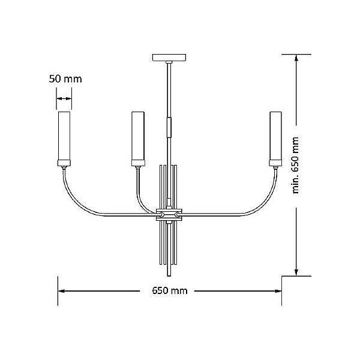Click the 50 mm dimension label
point(65,79)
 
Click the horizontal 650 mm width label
point(170,290)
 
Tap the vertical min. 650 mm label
point(295,166)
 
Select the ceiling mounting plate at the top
point(169,58)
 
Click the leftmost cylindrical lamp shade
point(64,136)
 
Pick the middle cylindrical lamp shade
point(138,136)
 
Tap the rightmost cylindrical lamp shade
point(275,136)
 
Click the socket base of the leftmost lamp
point(64,163)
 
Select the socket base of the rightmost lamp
point(275,163)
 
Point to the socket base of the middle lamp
point(138,163)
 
